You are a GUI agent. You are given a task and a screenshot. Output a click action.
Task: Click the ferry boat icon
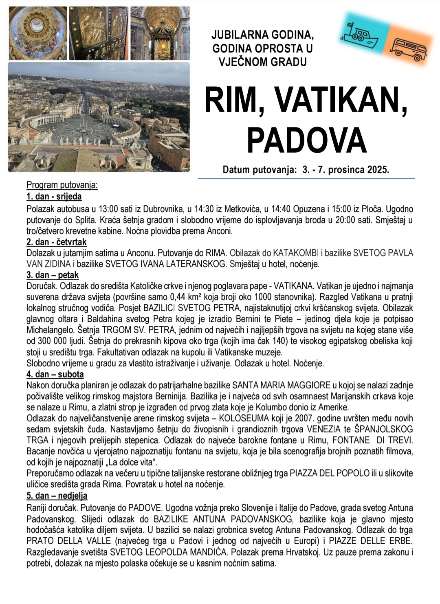coord(359,33)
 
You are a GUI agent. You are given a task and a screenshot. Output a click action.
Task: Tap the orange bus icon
coord(408,49)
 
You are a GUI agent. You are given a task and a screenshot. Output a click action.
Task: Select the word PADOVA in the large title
coord(306,140)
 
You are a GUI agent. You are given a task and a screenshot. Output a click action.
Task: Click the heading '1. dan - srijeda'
coord(54,197)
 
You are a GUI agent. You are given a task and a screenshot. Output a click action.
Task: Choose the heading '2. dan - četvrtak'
coord(56,242)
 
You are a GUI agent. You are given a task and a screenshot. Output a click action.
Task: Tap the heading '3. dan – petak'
coord(53,275)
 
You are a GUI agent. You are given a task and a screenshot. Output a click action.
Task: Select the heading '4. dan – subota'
coord(55,374)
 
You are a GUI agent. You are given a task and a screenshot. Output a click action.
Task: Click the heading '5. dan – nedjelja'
coord(57,495)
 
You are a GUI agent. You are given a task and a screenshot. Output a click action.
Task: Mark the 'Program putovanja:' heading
coord(62,186)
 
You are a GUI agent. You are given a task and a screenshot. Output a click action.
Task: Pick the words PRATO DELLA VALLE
coord(68,541)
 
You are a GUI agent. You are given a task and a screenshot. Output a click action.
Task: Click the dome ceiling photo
coord(37,33)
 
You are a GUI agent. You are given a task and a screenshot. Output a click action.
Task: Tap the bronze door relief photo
coord(99,33)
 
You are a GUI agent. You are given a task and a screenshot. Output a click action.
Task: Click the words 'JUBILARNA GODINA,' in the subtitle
coord(262,35)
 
